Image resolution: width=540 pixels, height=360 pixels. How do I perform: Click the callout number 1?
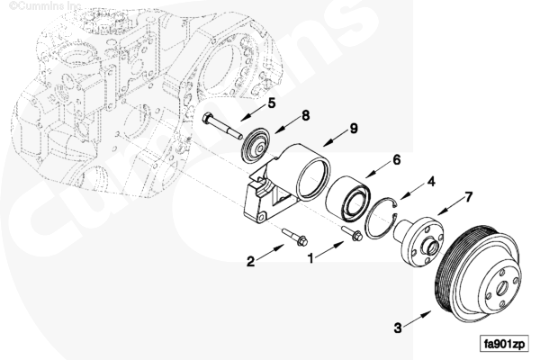click(312, 257)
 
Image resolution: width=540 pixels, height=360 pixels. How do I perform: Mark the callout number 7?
click(468, 196)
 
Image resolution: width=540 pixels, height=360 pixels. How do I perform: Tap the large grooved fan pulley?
click(477, 278)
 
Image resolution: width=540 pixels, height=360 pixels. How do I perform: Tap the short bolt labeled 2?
click(294, 237)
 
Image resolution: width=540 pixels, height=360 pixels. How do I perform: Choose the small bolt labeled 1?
click(353, 235)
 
